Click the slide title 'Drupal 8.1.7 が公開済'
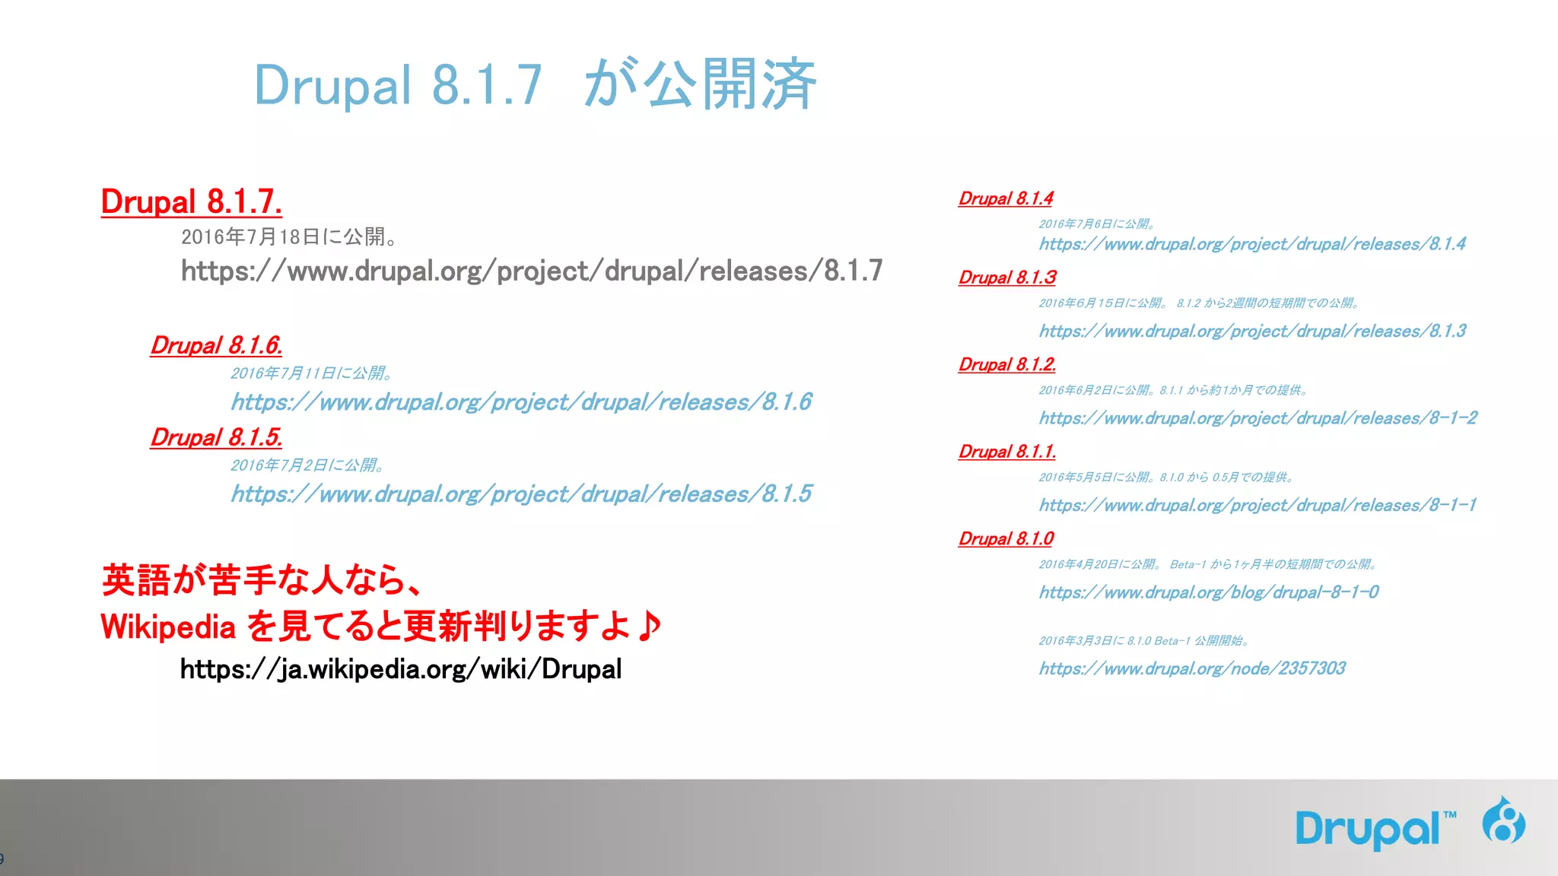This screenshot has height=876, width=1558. click(535, 84)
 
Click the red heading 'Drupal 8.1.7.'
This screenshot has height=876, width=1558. click(191, 202)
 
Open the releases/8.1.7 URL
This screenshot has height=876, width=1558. click(531, 271)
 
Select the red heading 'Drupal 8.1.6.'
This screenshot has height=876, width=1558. click(216, 345)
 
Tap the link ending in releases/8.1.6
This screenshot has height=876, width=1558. click(521, 401)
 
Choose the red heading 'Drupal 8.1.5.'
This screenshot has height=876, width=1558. click(216, 437)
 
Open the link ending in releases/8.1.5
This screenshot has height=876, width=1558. click(521, 494)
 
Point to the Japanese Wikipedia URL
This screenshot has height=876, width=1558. click(400, 669)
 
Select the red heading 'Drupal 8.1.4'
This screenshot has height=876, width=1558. click(1005, 198)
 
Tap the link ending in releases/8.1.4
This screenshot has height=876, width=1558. click(1252, 244)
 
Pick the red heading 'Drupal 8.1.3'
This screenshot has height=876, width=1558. click(1006, 278)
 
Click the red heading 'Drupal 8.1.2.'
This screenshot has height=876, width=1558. click(1006, 364)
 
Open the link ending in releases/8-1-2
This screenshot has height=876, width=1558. click(1258, 418)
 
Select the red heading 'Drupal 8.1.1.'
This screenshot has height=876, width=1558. click(1006, 452)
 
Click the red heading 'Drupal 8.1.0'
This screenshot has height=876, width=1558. click(1005, 538)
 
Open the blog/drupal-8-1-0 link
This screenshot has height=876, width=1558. click(1208, 592)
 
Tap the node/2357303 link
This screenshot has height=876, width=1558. click(1191, 668)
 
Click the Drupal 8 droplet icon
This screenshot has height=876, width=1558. click(1503, 821)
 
